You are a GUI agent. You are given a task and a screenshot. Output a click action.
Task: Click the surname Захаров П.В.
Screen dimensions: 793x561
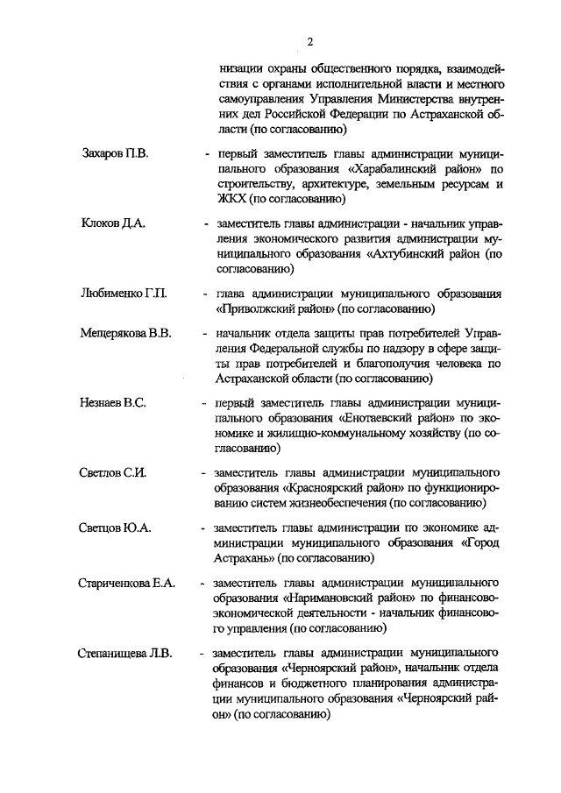click(115, 154)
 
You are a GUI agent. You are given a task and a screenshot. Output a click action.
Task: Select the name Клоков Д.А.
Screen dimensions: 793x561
click(112, 223)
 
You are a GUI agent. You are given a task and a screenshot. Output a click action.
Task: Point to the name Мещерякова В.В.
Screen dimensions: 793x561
click(125, 334)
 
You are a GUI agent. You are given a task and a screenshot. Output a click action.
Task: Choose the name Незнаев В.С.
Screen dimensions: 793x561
click(112, 403)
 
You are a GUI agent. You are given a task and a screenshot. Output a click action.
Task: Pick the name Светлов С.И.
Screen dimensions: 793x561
click(112, 473)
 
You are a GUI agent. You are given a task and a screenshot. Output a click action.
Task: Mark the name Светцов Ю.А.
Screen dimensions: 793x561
click(116, 528)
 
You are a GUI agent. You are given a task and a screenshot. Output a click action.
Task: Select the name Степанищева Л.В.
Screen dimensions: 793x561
click(124, 653)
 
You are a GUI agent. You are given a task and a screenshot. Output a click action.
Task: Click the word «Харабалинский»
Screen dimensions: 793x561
click(392, 170)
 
